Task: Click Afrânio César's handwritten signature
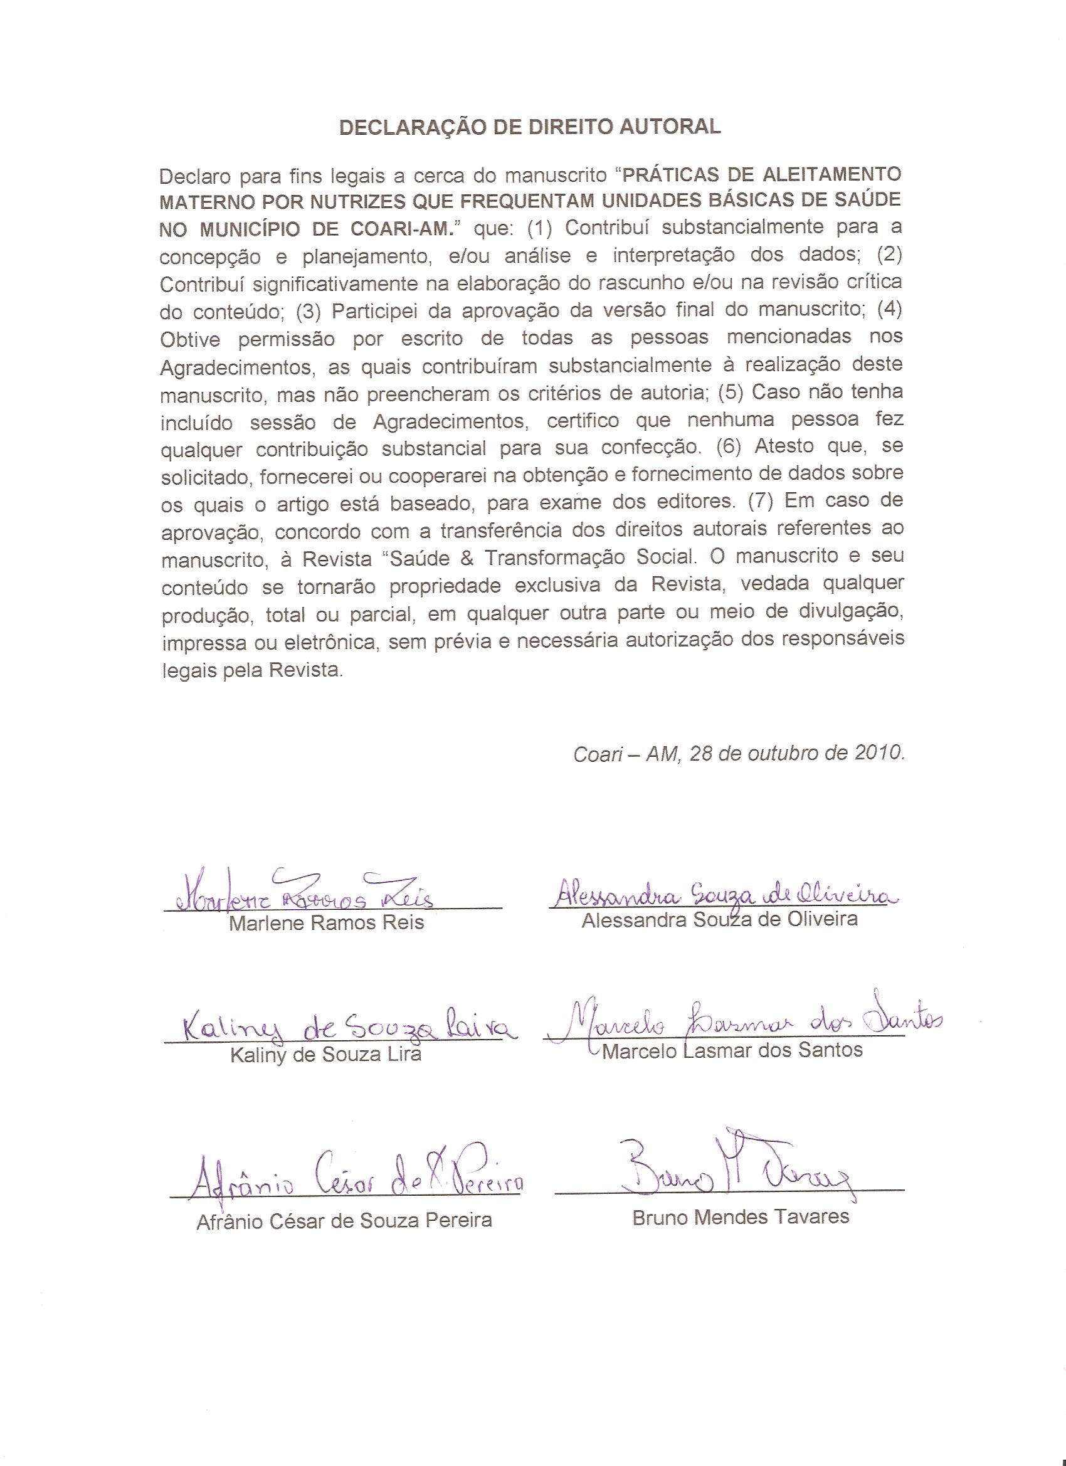coord(349,1181)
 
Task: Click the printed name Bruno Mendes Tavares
coord(740,1217)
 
